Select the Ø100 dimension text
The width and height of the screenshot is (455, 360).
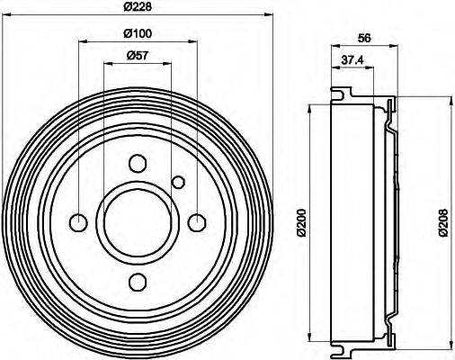click(137, 34)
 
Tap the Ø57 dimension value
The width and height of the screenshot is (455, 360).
click(137, 57)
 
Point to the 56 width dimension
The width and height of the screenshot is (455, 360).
click(364, 37)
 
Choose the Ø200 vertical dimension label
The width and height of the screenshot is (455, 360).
click(304, 221)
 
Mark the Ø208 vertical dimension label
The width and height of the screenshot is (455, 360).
click(443, 221)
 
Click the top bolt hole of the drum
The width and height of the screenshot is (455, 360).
click(138, 164)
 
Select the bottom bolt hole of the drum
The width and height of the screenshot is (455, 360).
click(138, 282)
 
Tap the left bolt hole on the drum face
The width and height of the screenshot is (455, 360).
click(79, 222)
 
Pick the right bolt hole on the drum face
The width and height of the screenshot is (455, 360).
click(197, 222)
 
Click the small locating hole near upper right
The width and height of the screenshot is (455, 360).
click(178, 184)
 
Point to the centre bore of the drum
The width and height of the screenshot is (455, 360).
click(138, 222)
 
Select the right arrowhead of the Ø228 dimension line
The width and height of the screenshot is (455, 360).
click(266, 15)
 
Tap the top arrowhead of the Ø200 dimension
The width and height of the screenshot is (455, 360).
click(310, 107)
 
